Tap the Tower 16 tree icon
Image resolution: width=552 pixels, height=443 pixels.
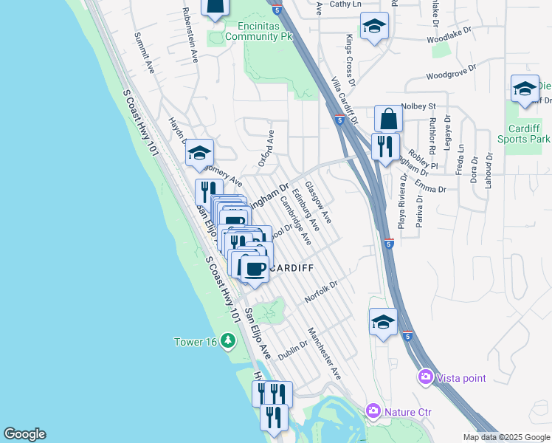tap(229, 341)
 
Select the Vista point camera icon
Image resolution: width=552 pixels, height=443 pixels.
tap(425, 377)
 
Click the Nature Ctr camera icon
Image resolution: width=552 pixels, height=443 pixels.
tap(373, 410)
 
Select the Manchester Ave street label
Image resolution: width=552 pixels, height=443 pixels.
tap(325, 353)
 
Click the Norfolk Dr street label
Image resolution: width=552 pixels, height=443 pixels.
tap(321, 292)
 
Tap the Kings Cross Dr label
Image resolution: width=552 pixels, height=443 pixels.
tap(349, 54)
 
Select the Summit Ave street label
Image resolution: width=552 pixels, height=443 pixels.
tap(144, 52)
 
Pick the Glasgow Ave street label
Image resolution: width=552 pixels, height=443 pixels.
tap(318, 202)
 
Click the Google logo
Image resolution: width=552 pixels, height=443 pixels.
tap(24, 434)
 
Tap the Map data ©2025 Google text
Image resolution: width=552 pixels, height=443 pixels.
tap(506, 437)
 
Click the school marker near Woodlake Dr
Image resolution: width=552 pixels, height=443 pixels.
tap(374, 28)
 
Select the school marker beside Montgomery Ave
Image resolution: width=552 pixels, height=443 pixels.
tap(199, 153)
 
